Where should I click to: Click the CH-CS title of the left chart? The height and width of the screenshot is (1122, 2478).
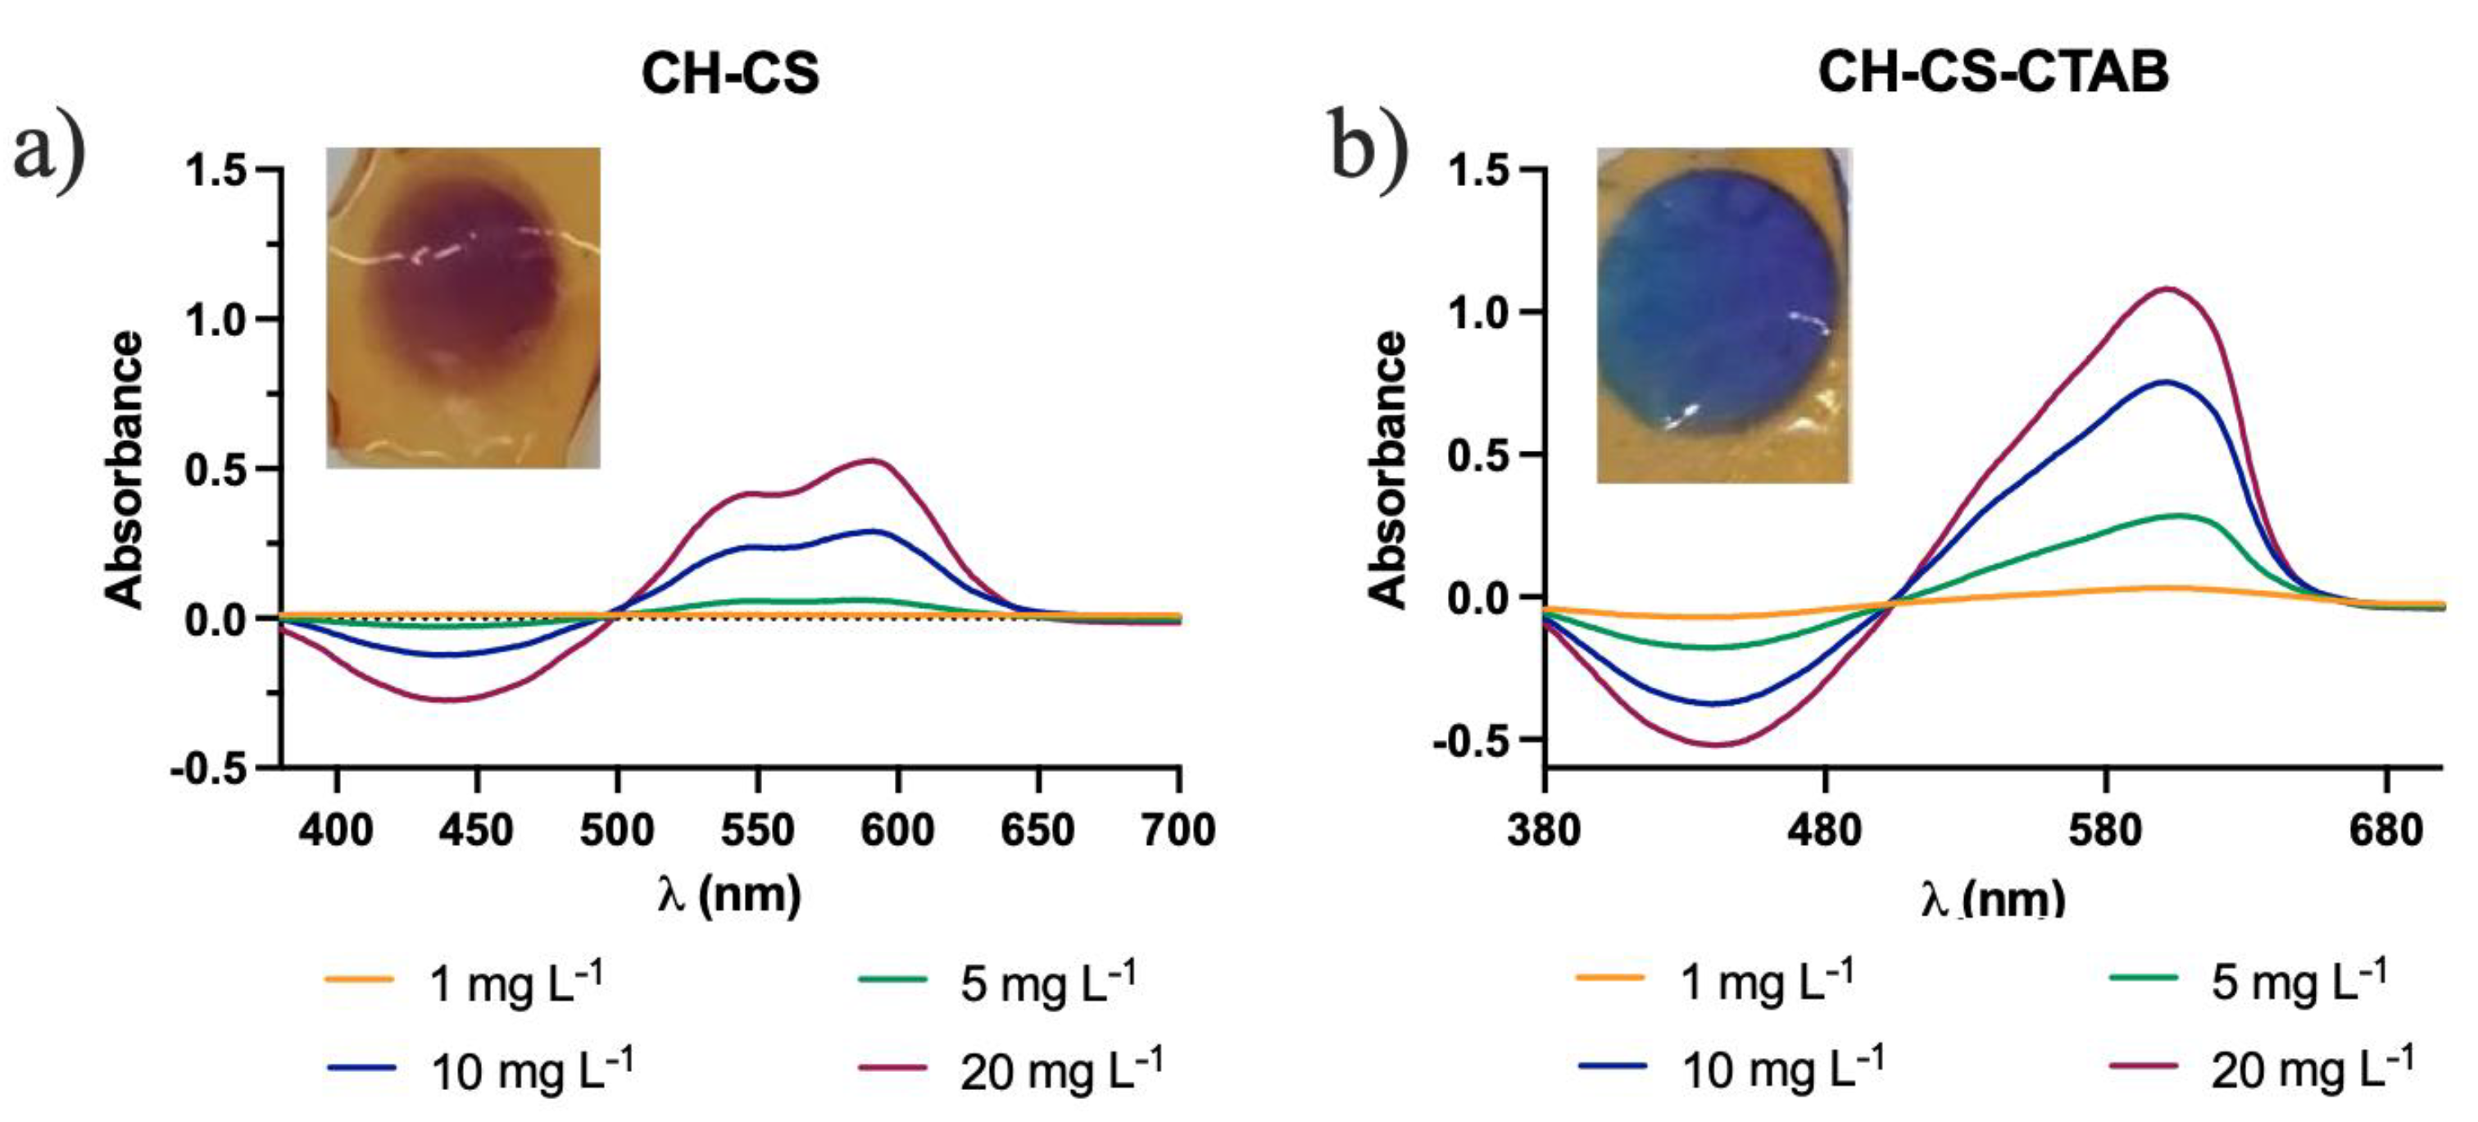(x=730, y=73)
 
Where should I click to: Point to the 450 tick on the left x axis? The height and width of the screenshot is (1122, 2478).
(x=476, y=829)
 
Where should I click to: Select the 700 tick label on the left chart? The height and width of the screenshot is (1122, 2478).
(x=1179, y=829)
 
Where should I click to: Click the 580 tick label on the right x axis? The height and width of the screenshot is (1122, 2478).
(x=2107, y=829)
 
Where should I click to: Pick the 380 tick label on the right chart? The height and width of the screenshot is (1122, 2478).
(x=1545, y=829)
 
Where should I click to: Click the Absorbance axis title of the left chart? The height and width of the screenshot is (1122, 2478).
(x=125, y=470)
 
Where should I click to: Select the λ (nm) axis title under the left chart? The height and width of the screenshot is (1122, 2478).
(x=729, y=894)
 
